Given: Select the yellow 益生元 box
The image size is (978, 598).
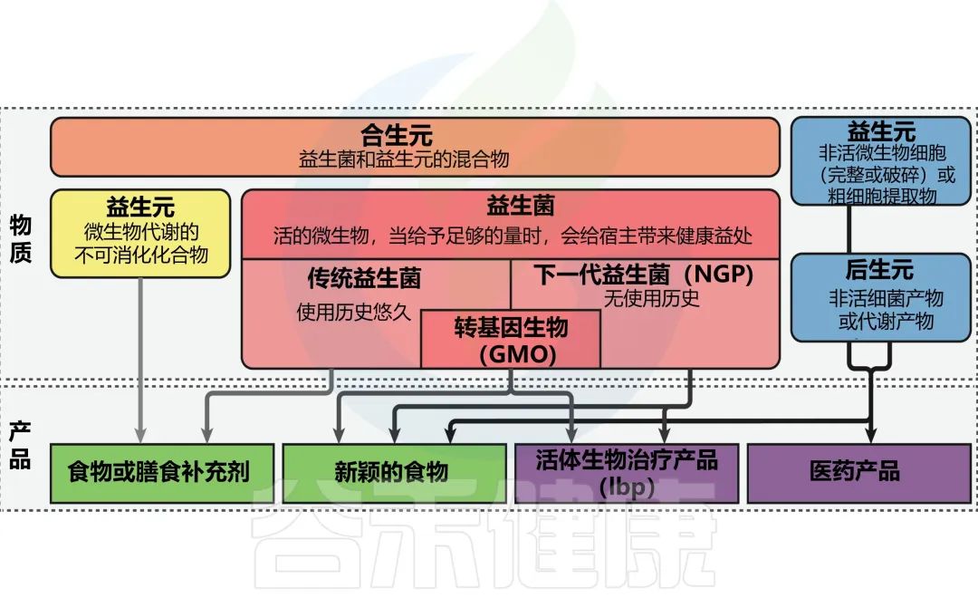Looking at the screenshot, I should pyautogui.click(x=140, y=232).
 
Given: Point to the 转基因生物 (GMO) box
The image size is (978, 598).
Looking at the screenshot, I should pyautogui.click(x=510, y=339).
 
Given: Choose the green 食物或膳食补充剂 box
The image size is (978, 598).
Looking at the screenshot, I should pyautogui.click(x=158, y=472).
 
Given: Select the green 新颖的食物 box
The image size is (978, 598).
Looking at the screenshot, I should pyautogui.click(x=391, y=472).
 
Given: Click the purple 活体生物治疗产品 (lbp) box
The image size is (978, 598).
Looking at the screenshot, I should pyautogui.click(x=627, y=472).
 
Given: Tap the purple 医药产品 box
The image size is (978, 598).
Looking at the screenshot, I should pyautogui.click(x=854, y=472).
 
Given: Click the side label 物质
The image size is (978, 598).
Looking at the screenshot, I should pyautogui.click(x=21, y=238).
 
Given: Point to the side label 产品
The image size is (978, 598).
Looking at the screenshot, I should pyautogui.click(x=21, y=446).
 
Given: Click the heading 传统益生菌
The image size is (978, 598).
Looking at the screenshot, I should pyautogui.click(x=364, y=277).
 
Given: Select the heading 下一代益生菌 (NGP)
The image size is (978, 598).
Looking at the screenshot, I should pyautogui.click(x=643, y=274).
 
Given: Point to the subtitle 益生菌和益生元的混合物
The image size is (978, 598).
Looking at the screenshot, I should pyautogui.click(x=404, y=159).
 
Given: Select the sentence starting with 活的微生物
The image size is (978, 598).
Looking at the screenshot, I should pyautogui.click(x=513, y=237).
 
